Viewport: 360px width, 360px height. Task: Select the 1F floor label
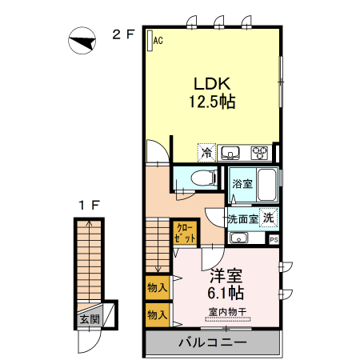click(89, 206)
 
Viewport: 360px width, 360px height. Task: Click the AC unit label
click(158, 39)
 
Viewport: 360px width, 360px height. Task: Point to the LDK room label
click(211, 83)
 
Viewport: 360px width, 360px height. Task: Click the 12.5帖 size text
click(211, 102)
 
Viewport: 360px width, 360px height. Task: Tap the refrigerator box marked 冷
click(206, 152)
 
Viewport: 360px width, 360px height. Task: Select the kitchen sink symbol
click(231, 152)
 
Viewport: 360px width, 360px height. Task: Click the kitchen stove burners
click(261, 152)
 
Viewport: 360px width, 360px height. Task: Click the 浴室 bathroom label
click(242, 184)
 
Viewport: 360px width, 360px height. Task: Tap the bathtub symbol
click(266, 185)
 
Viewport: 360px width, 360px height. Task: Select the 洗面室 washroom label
click(242, 218)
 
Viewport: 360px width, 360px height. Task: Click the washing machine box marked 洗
click(270, 217)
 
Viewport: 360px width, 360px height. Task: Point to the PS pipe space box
click(274, 239)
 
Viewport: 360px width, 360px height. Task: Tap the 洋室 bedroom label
click(227, 276)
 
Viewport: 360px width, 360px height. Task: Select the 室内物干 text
click(227, 311)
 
